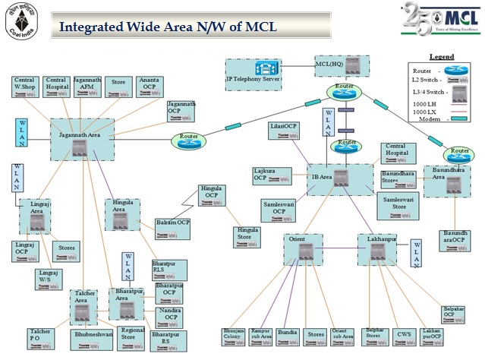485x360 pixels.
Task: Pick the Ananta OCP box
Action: tap(148, 85)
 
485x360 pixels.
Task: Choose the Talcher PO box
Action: tap(39, 336)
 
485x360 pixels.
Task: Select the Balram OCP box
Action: tap(172, 223)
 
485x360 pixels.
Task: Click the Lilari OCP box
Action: tap(284, 130)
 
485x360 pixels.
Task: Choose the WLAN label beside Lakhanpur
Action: tap(416, 254)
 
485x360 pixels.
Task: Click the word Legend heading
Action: tap(441, 57)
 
